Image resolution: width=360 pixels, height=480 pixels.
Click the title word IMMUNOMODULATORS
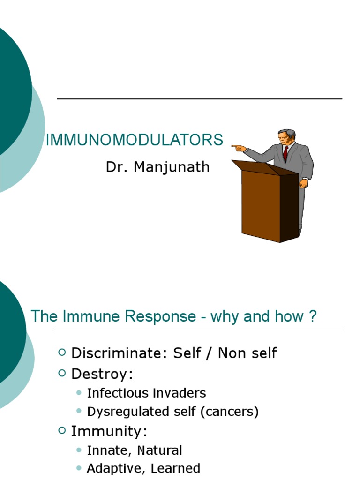134,140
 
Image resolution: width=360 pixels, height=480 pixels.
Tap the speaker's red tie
285,153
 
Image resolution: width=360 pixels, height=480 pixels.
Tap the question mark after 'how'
313,316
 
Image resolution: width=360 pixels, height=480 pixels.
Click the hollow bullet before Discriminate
63,352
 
